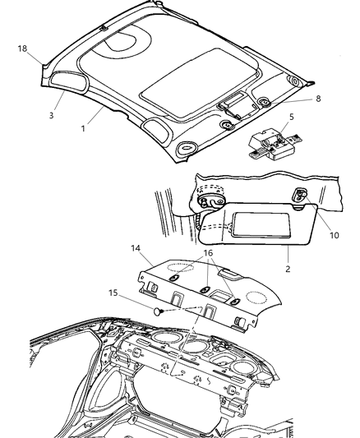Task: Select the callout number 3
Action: (51, 115)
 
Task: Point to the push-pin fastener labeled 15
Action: (159, 311)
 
